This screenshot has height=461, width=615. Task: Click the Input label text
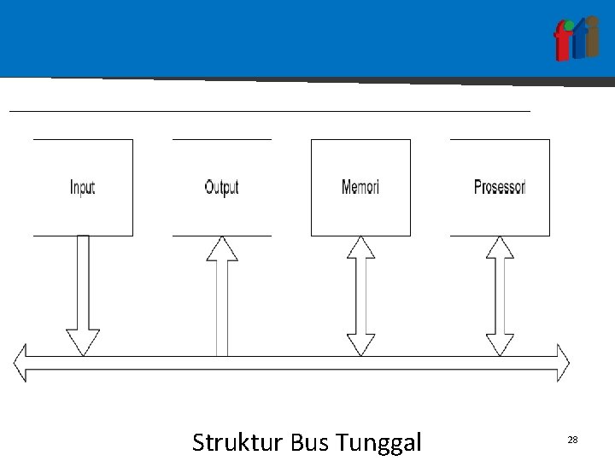pos(82,188)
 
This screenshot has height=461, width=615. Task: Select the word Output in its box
pos(221,187)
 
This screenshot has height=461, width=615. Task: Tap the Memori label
pos(360,187)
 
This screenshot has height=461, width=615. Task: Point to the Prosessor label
pos(500,187)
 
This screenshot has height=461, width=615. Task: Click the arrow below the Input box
pos(83,290)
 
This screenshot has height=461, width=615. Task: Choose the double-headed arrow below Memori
pos(361,295)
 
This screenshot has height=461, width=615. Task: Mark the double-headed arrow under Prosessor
pos(500,295)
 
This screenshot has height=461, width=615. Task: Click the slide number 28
pos(572,439)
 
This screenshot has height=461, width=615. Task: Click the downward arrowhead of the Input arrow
pos(83,342)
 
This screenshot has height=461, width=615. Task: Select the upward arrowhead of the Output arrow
pos(222,248)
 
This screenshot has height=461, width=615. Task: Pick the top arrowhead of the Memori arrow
pos(361,248)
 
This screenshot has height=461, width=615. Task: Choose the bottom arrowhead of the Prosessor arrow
pos(500,342)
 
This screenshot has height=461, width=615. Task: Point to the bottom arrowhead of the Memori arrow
pos(361,342)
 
